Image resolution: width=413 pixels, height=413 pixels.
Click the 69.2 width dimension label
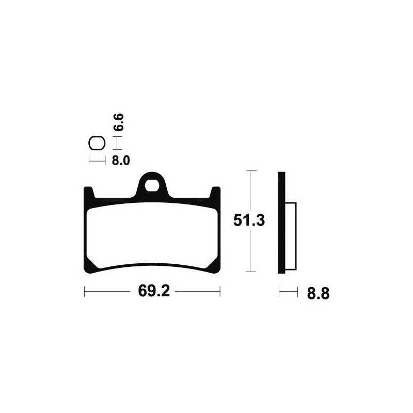tap(154, 291)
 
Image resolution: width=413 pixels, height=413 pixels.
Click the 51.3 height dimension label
tap(249, 220)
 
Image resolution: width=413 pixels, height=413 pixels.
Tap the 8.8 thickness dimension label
tap(318, 294)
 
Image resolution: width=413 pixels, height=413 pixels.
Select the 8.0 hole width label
tap(121, 161)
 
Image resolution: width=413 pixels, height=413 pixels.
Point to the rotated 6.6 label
tap(119, 122)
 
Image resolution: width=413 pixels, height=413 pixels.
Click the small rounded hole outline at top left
tap(97, 137)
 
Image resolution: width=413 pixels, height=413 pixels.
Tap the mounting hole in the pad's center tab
tap(152, 185)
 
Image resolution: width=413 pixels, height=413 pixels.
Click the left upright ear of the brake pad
tap(89, 192)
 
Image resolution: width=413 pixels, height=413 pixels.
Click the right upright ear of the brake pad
tap(215, 192)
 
